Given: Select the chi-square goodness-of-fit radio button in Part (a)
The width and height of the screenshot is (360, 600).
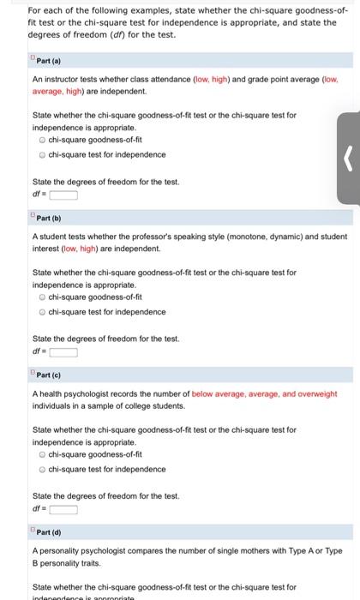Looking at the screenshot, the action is click(x=42, y=140).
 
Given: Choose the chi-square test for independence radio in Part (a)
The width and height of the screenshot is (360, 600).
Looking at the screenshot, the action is click(x=42, y=154).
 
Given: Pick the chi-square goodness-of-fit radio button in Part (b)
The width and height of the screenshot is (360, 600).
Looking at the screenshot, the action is click(x=42, y=297).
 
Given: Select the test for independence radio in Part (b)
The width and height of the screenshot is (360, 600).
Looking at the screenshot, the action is click(x=42, y=312).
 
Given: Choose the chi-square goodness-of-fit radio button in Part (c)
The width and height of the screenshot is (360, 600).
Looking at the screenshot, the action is click(x=42, y=454).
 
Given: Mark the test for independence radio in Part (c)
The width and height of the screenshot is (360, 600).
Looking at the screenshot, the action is click(x=42, y=469).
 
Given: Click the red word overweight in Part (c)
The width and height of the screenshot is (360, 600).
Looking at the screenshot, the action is click(x=319, y=393).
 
